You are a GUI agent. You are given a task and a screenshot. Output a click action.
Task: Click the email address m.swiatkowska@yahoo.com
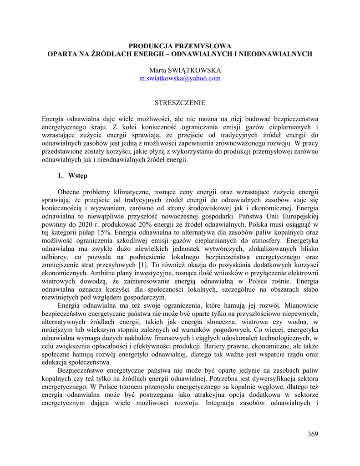tap(180, 78)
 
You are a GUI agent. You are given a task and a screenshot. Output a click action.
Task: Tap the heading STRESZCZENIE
tap(180, 103)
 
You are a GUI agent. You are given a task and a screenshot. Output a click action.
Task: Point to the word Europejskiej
tap(299, 215)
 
